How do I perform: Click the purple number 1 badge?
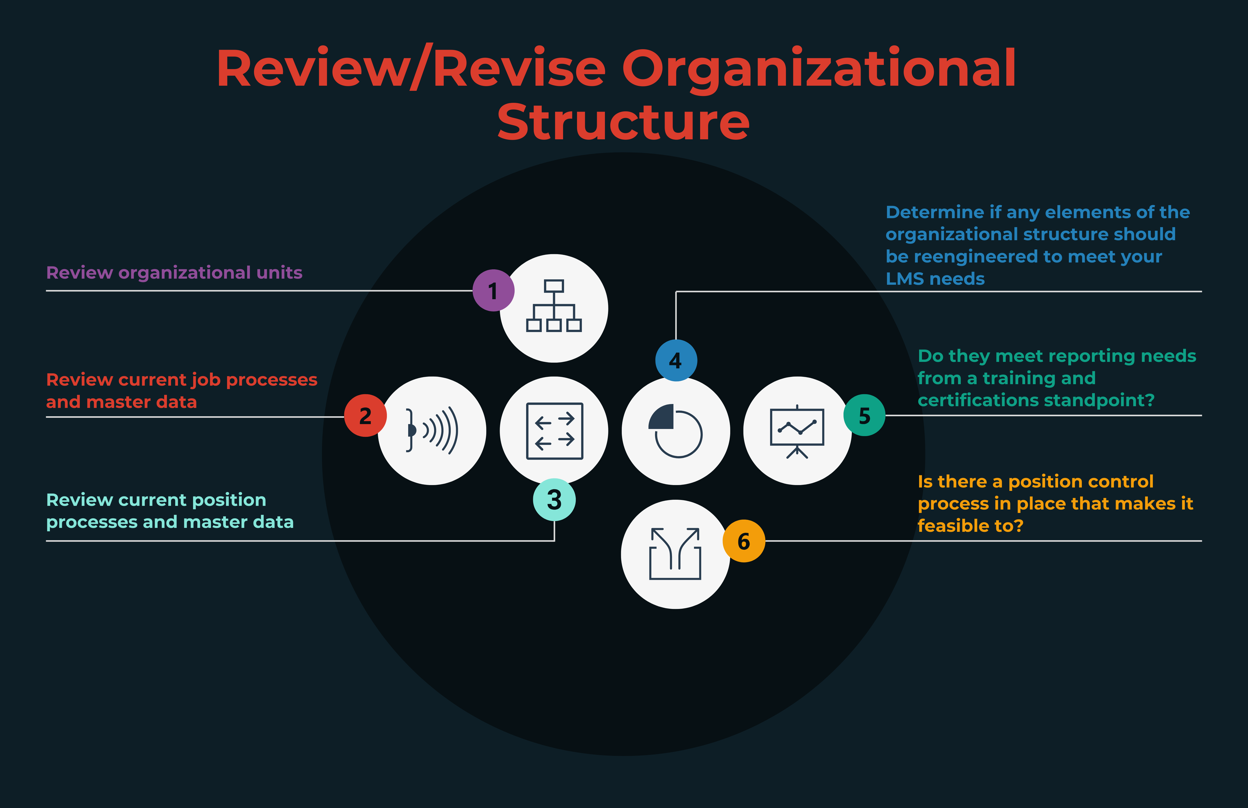click(x=493, y=291)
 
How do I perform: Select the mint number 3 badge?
click(x=554, y=499)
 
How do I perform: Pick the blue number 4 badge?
click(x=676, y=360)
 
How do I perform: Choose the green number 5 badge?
click(x=864, y=416)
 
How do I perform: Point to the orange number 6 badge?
click(x=744, y=541)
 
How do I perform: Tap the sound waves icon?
click(x=432, y=431)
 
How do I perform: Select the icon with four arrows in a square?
click(x=554, y=431)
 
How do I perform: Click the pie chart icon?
click(x=676, y=431)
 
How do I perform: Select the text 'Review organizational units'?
click(x=174, y=273)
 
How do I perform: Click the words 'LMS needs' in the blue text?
click(x=935, y=279)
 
